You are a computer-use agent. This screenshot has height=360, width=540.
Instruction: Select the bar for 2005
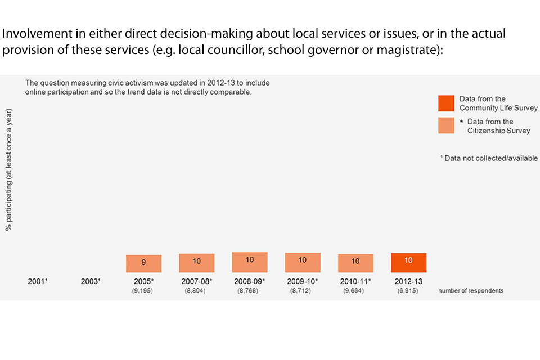coord(143,263)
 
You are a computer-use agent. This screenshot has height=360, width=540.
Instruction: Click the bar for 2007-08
coord(197,263)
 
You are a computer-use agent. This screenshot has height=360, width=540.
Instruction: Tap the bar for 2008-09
coord(250,262)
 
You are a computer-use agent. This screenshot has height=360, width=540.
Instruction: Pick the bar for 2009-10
coord(303,262)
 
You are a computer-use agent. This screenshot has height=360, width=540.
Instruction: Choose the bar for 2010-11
coord(355,263)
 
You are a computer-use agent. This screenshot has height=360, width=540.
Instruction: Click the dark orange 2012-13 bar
coord(409,262)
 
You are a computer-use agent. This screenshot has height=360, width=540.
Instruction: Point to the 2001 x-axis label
coord(38,281)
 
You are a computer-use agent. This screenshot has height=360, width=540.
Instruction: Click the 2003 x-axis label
coord(91,281)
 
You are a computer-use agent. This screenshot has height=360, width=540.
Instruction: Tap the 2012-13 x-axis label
coord(409,281)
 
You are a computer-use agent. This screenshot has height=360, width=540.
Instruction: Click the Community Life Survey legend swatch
coord(446,103)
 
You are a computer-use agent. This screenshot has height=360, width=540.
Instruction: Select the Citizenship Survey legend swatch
coord(446,125)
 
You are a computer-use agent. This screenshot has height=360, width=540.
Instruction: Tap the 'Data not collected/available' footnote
coord(489,159)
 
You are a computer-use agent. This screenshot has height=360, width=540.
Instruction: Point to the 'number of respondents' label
coord(471,291)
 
